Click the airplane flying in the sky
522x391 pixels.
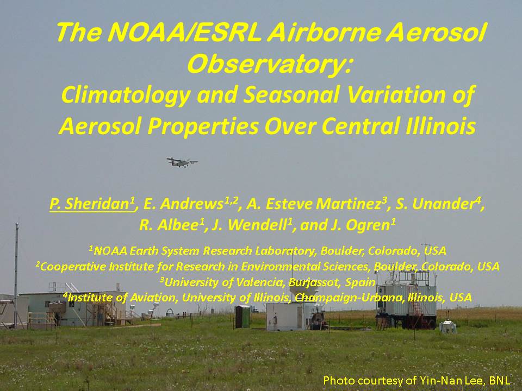(x=182, y=162)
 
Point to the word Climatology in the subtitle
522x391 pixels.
(x=126, y=95)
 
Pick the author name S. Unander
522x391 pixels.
(x=438, y=204)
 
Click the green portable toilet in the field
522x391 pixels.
(x=243, y=316)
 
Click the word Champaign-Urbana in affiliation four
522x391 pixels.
(x=349, y=298)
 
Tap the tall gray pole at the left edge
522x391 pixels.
(x=16, y=275)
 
